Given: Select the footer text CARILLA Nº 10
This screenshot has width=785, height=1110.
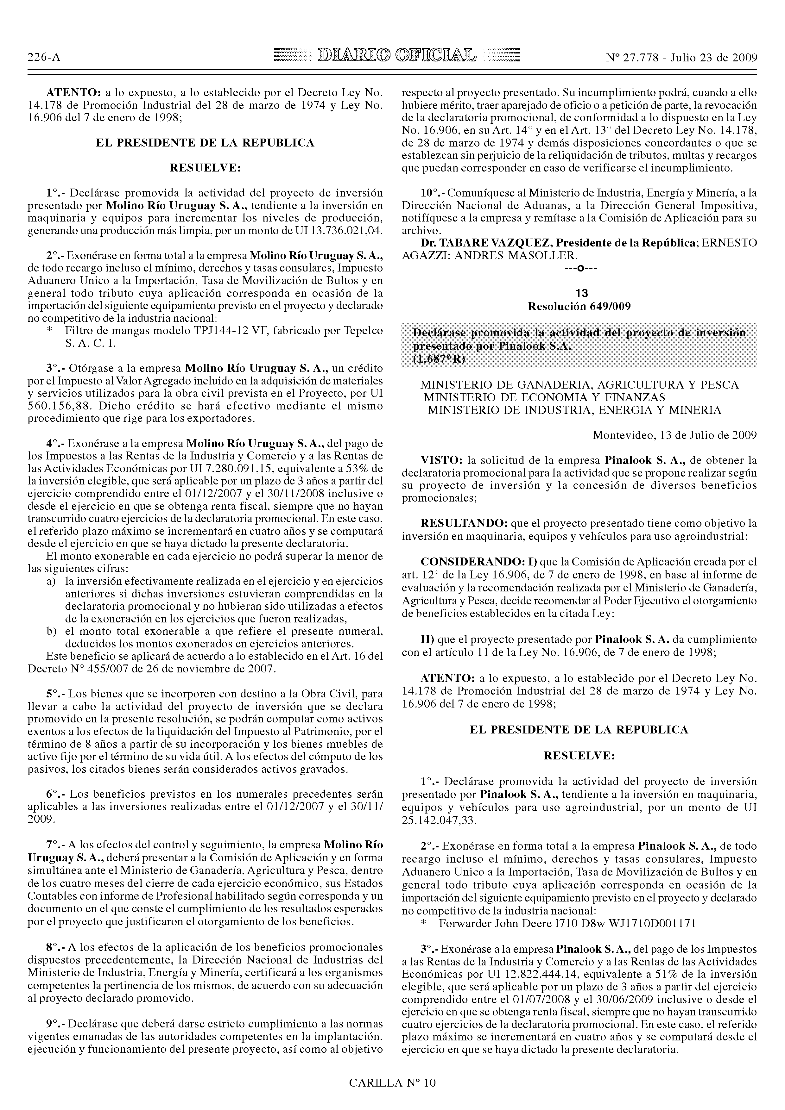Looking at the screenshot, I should point(392,1082).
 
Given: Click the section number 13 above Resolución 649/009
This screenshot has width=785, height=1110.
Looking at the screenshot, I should point(579,293).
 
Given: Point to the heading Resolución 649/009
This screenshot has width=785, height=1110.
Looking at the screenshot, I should point(579,307).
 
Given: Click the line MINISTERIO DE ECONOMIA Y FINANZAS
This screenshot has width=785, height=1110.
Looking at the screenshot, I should point(545,397).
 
